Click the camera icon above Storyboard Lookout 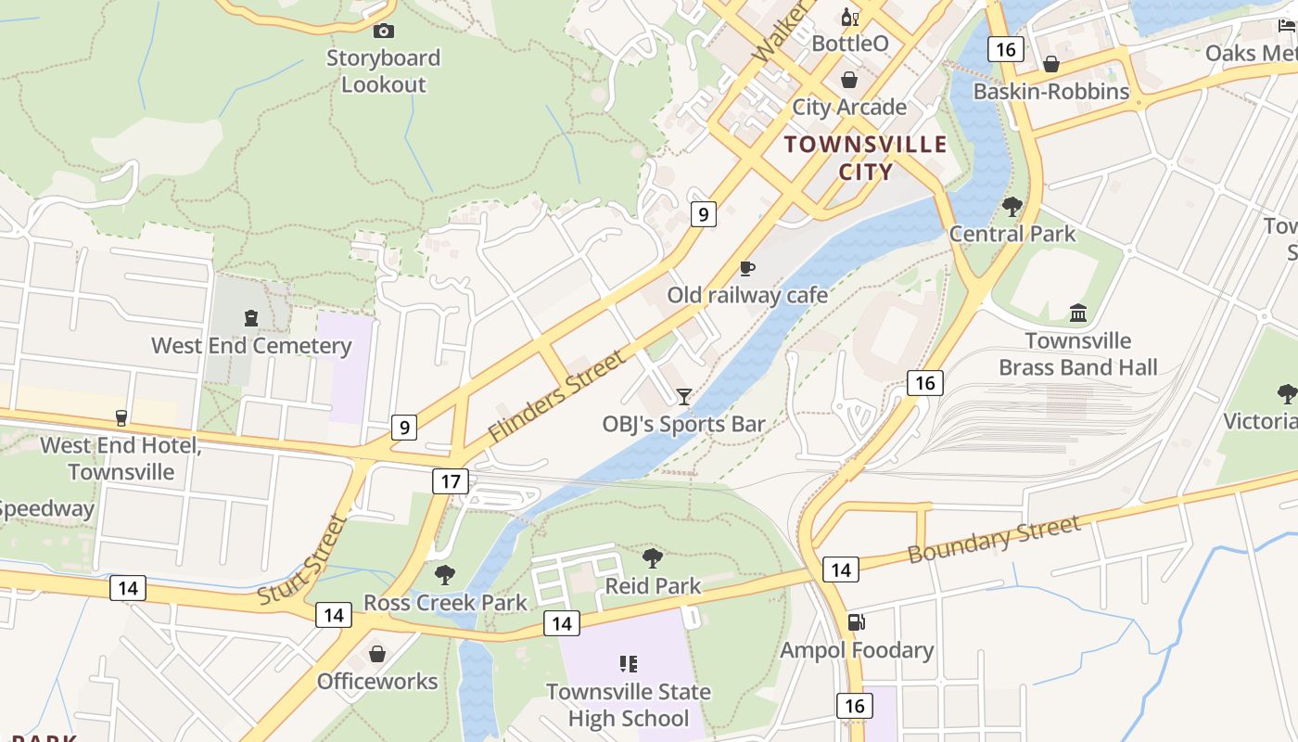point(383,31)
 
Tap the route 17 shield point(451,481)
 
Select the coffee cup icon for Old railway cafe point(747,269)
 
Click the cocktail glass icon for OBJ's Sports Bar point(684,397)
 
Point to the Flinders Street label point(556,396)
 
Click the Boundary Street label point(994,540)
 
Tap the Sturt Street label point(302,560)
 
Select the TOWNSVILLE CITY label point(866,158)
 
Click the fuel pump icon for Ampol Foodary point(856,623)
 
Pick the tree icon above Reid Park point(653,558)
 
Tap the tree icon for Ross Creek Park point(445,575)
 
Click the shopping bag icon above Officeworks point(377,655)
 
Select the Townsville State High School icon point(629,664)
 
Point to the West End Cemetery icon point(251,319)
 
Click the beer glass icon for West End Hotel point(121,417)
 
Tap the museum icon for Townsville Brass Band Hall point(1077,313)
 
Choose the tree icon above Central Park point(1012,206)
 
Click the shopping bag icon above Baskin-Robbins point(1051,64)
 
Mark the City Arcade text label point(849,107)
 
